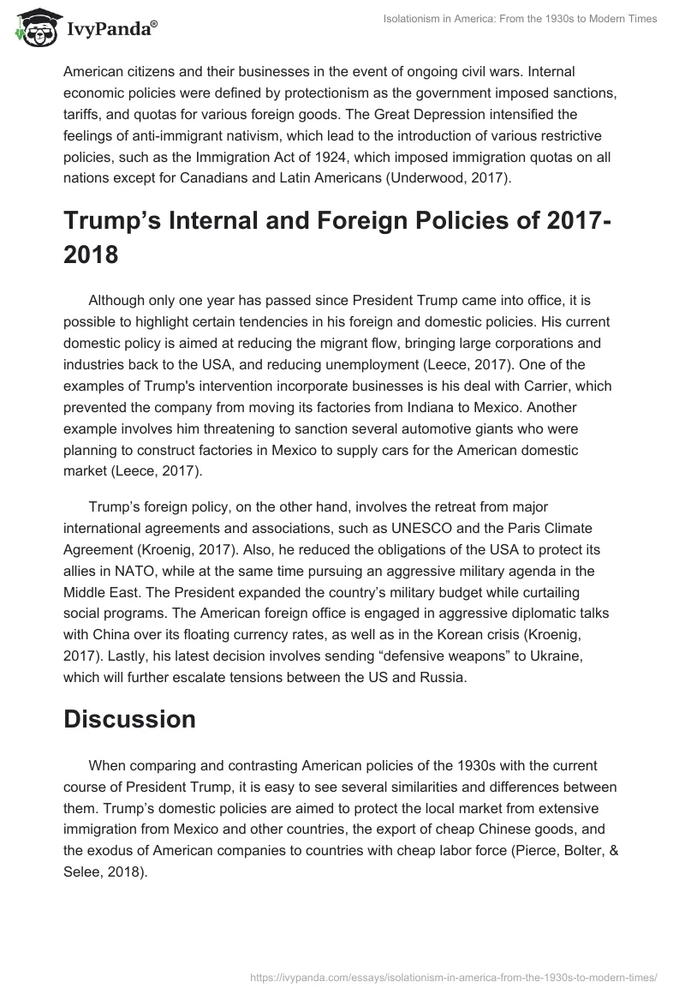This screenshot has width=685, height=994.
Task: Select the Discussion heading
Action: pyautogui.click(x=129, y=719)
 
